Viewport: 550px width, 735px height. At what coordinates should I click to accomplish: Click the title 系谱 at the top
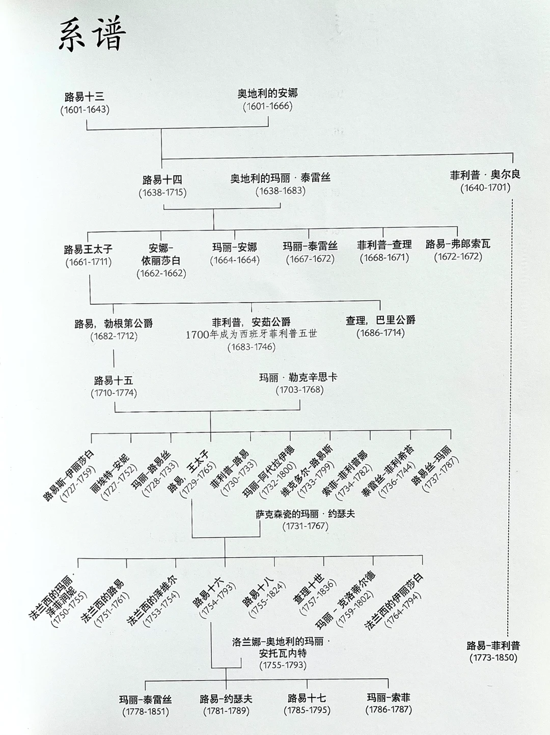pyautogui.click(x=92, y=36)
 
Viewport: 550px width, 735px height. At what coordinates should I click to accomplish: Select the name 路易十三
pyautogui.click(x=85, y=96)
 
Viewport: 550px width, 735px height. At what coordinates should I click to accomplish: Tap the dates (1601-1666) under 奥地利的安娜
pyautogui.click(x=267, y=106)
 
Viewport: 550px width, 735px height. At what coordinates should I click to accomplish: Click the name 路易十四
pyautogui.click(x=162, y=180)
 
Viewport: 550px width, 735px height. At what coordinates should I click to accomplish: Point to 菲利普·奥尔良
pyautogui.click(x=485, y=175)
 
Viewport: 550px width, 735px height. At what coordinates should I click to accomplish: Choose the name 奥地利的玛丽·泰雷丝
pyautogui.click(x=281, y=178)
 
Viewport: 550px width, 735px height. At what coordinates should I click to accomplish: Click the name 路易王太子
pyautogui.click(x=88, y=249)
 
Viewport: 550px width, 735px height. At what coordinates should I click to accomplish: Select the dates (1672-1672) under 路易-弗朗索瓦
pyautogui.click(x=458, y=256)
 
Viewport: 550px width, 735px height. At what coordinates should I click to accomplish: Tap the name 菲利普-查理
pyautogui.click(x=384, y=245)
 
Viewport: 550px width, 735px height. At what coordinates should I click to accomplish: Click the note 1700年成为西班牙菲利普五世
pyautogui.click(x=251, y=334)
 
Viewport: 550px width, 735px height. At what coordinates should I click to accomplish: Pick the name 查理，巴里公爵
pyautogui.click(x=380, y=320)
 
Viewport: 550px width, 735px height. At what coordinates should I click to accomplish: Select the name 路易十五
pyautogui.click(x=114, y=380)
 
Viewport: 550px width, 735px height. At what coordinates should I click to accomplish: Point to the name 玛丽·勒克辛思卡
pyautogui.click(x=298, y=378)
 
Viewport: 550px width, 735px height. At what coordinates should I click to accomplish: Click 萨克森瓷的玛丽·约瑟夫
pyautogui.click(x=306, y=514)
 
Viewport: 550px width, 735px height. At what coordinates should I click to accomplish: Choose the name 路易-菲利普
pyautogui.click(x=493, y=645)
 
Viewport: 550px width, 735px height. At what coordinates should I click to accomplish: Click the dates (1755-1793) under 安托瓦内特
pyautogui.click(x=283, y=665)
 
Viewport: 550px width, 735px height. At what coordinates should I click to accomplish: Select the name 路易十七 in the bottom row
pyautogui.click(x=307, y=698)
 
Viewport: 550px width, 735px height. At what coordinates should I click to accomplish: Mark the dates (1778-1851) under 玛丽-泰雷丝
pyautogui.click(x=145, y=712)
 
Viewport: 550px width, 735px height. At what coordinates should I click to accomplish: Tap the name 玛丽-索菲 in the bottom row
pyautogui.click(x=389, y=697)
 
